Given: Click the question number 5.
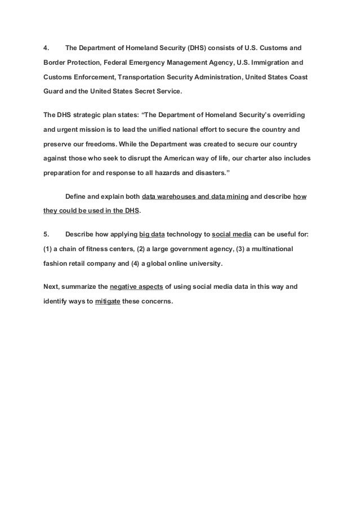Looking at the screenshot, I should tap(47, 233).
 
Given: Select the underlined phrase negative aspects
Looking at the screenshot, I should tap(135, 286).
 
